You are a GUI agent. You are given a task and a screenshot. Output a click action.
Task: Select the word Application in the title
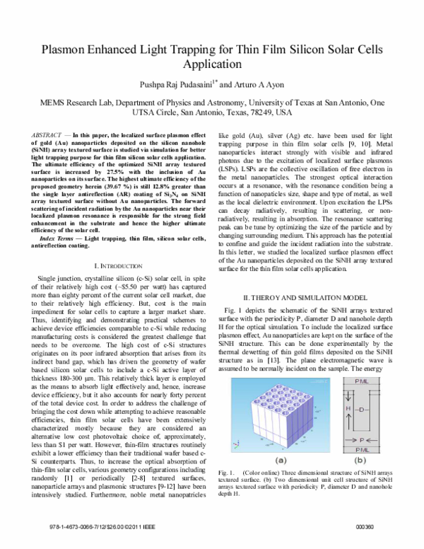point(211,64)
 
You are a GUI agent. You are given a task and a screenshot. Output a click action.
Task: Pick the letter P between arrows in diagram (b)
point(360,440)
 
